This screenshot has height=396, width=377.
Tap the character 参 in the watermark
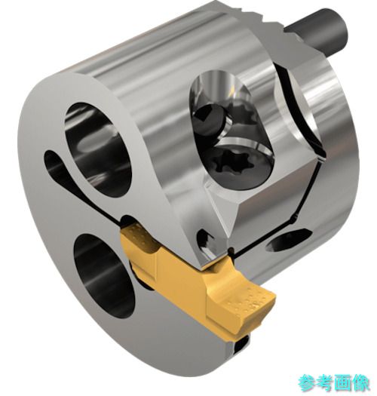coord(308,382)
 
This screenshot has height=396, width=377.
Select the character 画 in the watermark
coord(342,382)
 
